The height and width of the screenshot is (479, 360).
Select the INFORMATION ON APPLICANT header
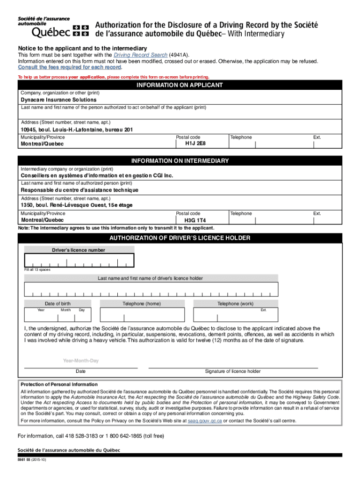coord(180,85)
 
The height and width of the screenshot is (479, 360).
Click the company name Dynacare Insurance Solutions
coord(58,100)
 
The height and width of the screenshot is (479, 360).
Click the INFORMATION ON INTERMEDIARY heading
coord(180,161)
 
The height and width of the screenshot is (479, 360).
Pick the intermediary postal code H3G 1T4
coord(195,220)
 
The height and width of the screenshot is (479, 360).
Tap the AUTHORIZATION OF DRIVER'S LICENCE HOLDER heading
coord(180,238)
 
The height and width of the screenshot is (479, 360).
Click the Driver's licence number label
coord(78,250)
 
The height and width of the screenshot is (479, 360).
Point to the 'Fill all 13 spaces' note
coord(37,269)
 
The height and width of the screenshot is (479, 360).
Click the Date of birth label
coord(58,304)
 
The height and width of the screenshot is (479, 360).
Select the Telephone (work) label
coord(235,304)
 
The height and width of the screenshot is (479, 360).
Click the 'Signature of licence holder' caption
coord(232,371)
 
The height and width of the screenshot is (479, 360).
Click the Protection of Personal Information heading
coord(59,385)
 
